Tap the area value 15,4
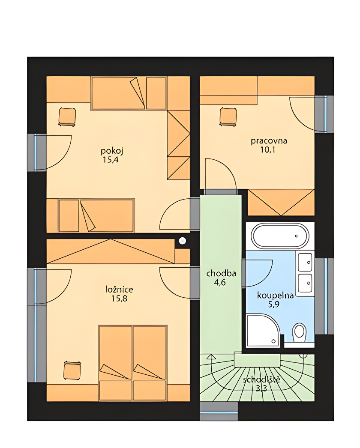pyautogui.click(x=111, y=160)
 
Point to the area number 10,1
pyautogui.click(x=267, y=149)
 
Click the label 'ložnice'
pyautogui.click(x=119, y=290)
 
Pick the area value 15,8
pyautogui.click(x=119, y=299)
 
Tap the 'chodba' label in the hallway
pyautogui.click(x=221, y=273)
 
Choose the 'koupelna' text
pyautogui.click(x=276, y=296)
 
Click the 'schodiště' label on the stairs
pyautogui.click(x=261, y=380)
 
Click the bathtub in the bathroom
pyautogui.click(x=280, y=236)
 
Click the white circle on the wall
pyautogui.click(x=182, y=241)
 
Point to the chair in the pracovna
pyautogui.click(x=228, y=116)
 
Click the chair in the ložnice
pyautogui.click(x=72, y=370)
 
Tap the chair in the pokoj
pyautogui.click(x=67, y=116)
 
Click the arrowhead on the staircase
pyautogui.click(x=211, y=356)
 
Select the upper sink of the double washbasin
pyautogui.click(x=305, y=262)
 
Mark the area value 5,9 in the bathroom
pyautogui.click(x=274, y=305)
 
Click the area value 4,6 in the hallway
pyautogui.click(x=220, y=283)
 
